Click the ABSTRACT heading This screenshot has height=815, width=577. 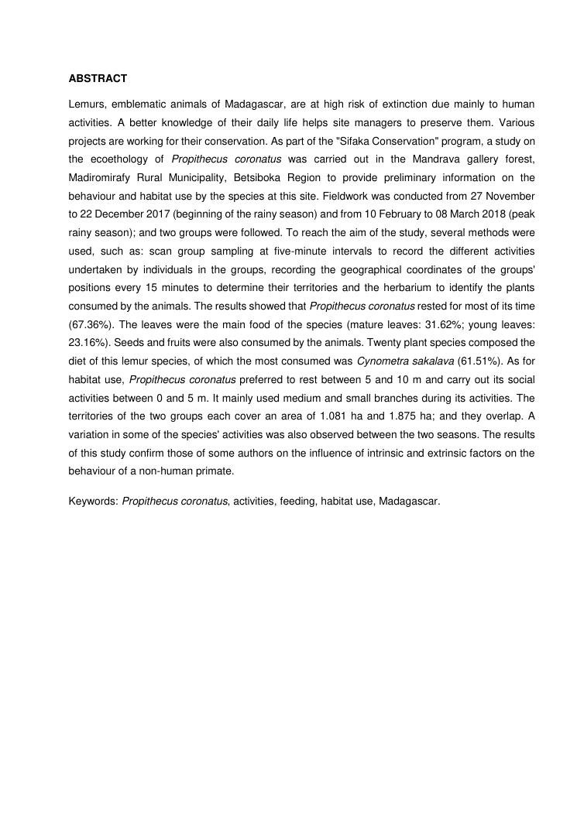[98, 79]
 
